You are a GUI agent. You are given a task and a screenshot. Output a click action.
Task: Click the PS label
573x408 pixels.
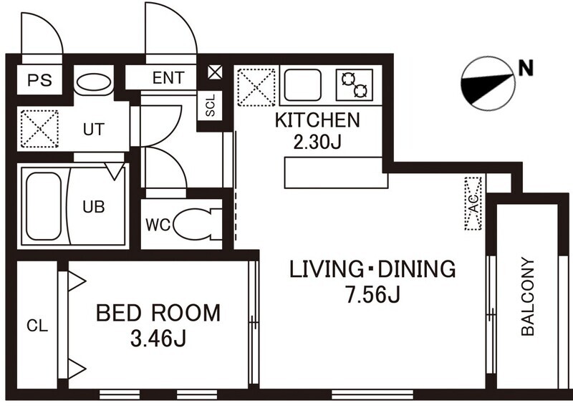(x=40, y=80)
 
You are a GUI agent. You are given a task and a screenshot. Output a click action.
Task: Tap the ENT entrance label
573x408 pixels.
(x=168, y=78)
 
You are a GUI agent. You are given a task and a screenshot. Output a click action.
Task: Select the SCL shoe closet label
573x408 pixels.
(x=210, y=105)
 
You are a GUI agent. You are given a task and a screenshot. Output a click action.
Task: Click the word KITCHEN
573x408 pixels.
(x=317, y=120)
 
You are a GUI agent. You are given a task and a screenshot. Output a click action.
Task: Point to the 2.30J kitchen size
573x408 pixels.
(x=317, y=142)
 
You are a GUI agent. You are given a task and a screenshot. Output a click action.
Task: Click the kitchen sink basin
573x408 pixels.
(x=303, y=84)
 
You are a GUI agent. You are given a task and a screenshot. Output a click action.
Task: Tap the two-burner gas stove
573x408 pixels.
(x=355, y=84)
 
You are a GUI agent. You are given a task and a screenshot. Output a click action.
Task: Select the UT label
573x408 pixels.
(x=94, y=130)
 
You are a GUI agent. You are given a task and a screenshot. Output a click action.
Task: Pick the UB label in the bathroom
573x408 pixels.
(x=94, y=207)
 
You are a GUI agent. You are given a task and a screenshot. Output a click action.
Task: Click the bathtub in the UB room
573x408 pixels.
(x=44, y=206)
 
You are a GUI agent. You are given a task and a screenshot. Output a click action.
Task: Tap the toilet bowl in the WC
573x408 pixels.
(x=193, y=224)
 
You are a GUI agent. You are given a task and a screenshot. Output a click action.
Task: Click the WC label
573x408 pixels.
(x=158, y=225)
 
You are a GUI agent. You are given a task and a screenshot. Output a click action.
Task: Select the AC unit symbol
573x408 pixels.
(x=473, y=203)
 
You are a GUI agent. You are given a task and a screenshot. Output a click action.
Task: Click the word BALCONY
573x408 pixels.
(x=528, y=296)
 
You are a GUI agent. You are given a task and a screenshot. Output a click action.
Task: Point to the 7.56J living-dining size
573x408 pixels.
(x=373, y=295)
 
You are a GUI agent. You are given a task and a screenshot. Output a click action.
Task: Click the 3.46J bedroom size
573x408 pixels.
(x=158, y=339)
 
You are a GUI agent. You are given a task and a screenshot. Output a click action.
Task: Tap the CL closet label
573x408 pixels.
(x=37, y=326)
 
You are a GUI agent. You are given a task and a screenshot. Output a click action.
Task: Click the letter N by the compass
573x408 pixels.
(x=526, y=67)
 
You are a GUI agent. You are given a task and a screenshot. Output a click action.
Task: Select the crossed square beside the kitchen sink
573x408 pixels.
(x=256, y=87)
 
